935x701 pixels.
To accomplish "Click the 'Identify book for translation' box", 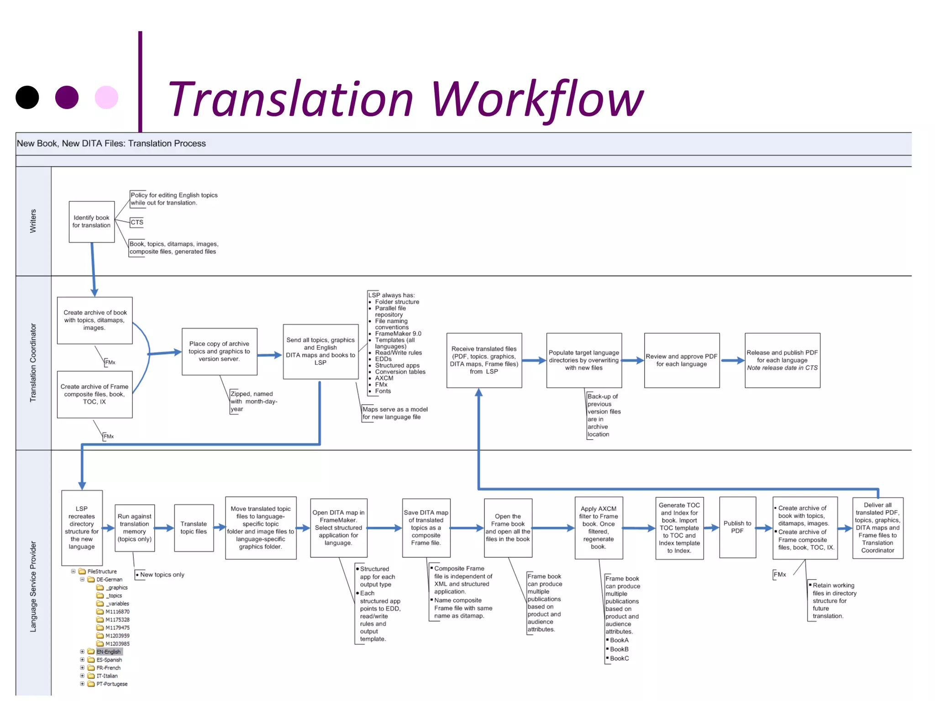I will (91, 222).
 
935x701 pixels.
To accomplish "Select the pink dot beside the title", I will (106, 98).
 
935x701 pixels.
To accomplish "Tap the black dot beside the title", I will (27, 98).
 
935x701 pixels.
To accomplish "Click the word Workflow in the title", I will (536, 99).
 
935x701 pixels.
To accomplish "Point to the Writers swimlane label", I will (33, 221).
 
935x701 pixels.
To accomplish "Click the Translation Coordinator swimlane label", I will (33, 363).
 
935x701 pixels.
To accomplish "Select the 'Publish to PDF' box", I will (737, 527).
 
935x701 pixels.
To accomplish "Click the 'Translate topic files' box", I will (194, 528).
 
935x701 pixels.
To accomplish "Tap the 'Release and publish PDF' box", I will (782, 360).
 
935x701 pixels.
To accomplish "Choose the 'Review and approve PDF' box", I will (681, 360).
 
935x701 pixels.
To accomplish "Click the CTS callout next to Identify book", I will (137, 222).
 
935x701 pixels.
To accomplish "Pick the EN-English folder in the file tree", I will (108, 652).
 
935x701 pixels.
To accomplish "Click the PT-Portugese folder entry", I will (112, 684).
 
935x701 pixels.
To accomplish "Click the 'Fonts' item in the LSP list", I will (383, 391).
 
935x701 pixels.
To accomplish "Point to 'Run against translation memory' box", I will (134, 528).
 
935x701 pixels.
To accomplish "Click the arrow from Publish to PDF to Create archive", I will (764, 528).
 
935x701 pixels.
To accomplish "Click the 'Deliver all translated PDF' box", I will (877, 528).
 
